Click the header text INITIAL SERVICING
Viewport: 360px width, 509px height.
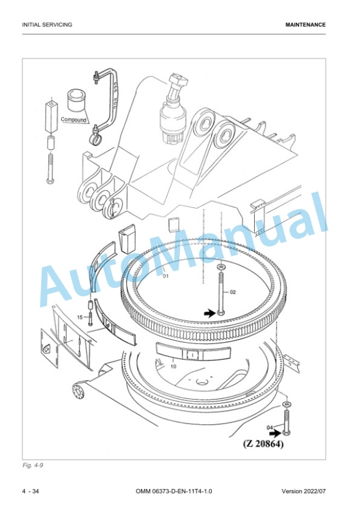click(47, 25)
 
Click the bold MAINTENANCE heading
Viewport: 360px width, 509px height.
click(305, 25)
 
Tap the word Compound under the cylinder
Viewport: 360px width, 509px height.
click(74, 120)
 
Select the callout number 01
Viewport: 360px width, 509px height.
click(166, 277)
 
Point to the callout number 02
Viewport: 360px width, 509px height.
click(232, 292)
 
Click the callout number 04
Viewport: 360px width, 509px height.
click(269, 427)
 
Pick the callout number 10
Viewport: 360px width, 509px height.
click(174, 367)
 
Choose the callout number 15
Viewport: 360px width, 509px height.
click(80, 317)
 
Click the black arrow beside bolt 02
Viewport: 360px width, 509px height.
click(209, 313)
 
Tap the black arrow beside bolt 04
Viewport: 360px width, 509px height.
click(276, 433)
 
